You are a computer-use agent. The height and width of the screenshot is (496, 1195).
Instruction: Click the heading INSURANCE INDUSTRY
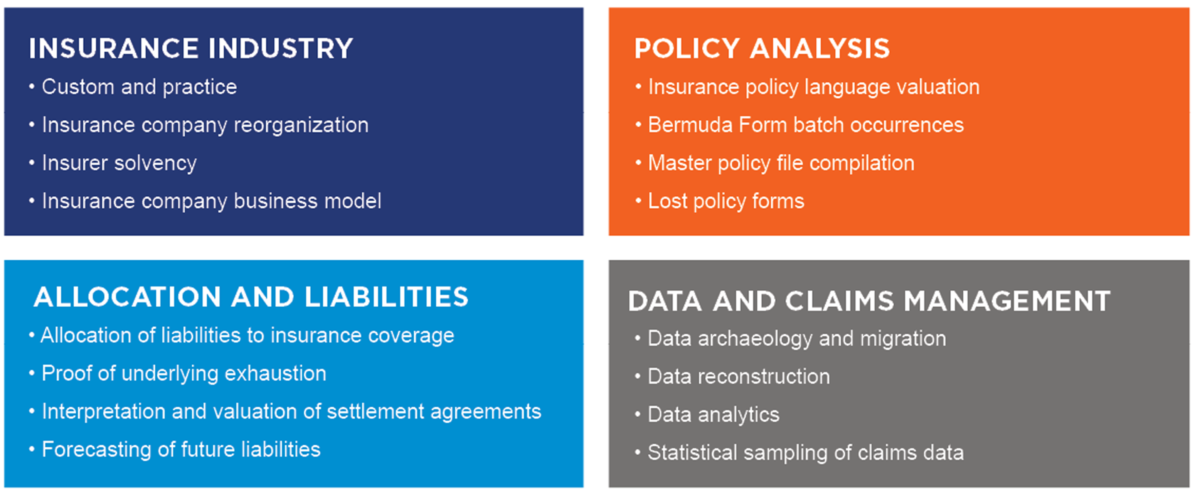point(191,48)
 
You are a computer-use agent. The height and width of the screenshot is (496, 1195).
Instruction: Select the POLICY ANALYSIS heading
point(762,48)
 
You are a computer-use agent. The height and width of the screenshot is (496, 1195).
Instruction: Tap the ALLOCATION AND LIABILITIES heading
point(251,297)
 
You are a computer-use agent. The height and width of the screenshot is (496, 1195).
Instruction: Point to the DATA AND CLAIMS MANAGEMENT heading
point(869,301)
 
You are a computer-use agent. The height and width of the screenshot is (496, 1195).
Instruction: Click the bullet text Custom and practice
point(139,87)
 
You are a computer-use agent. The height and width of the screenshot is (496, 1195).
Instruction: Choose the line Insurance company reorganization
point(205,125)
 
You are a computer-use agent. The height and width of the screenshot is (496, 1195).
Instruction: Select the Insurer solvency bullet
point(119,163)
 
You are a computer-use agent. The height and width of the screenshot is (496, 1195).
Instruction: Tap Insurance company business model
point(212,201)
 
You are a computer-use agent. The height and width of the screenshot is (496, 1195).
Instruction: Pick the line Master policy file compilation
point(781,163)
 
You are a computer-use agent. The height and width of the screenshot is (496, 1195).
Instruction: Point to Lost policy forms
point(726,201)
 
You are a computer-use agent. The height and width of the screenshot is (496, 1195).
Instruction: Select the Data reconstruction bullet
point(739,376)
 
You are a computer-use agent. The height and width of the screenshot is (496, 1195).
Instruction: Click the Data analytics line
point(714,415)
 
